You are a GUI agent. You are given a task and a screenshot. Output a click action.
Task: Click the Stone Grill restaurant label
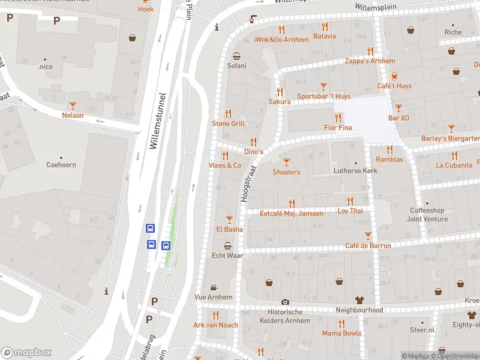[228, 124]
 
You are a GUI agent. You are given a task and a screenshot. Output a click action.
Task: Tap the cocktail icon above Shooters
[286, 161]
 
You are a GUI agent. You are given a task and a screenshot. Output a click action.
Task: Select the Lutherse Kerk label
[355, 171]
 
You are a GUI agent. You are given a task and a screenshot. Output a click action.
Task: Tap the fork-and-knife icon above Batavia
[325, 26]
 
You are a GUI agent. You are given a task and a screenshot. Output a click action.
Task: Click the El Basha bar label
[229, 229]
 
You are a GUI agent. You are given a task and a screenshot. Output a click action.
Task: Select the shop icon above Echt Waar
[227, 245]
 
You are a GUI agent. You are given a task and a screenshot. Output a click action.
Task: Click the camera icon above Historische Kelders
[285, 302]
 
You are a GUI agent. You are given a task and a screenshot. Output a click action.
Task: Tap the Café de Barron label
[368, 245]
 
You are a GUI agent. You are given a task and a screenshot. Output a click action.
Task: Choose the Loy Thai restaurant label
[350, 211]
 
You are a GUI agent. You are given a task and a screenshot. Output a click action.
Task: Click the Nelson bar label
[73, 115]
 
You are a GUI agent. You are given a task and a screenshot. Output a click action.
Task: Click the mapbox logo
[26, 352]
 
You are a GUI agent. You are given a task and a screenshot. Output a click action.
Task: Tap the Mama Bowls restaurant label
[341, 333]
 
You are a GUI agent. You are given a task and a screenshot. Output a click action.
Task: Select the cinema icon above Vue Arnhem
[213, 287]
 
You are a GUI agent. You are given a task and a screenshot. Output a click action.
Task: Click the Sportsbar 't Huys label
[323, 96]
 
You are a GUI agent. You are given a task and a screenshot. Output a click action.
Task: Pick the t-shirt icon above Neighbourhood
[359, 299]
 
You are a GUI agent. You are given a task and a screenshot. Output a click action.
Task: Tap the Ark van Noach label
[215, 325]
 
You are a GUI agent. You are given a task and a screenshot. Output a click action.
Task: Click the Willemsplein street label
[374, 7]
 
